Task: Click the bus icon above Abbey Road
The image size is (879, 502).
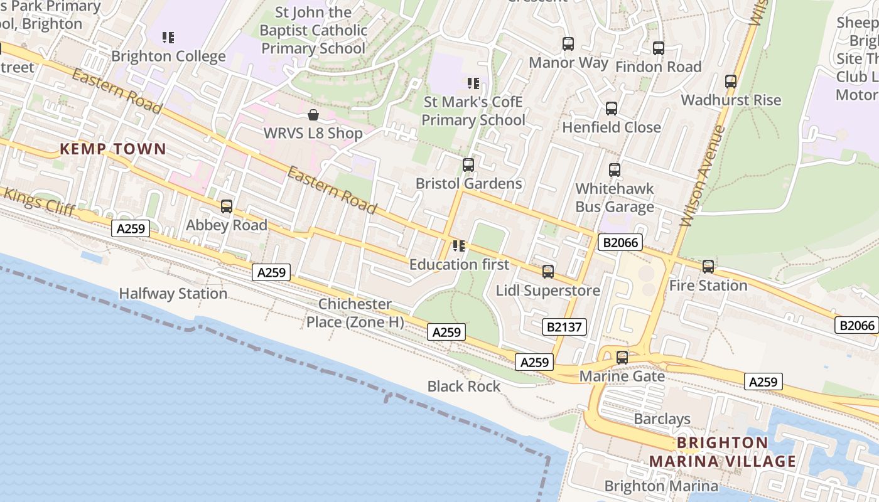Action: click(x=227, y=206)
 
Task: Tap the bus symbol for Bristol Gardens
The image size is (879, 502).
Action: click(x=468, y=165)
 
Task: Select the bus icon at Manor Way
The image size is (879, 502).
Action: click(x=568, y=44)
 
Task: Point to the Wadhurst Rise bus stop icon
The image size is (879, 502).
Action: click(x=731, y=82)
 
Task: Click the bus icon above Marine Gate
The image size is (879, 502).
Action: click(x=622, y=358)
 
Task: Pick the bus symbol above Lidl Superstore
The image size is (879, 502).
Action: click(x=548, y=272)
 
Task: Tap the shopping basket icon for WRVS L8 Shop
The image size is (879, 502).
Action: click(x=313, y=115)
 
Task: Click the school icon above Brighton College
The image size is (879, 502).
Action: click(x=168, y=38)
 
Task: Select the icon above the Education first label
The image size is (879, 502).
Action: click(x=459, y=246)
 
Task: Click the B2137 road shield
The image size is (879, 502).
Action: click(x=564, y=326)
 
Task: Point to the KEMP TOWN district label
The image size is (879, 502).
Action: click(x=113, y=149)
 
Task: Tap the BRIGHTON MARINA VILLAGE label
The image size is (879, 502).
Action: click(x=723, y=452)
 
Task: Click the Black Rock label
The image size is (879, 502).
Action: click(x=464, y=387)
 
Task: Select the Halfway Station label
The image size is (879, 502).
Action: click(x=173, y=294)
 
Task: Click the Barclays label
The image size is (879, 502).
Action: click(x=662, y=419)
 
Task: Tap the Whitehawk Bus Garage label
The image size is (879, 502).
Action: click(x=615, y=198)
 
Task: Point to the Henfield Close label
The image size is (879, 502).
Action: click(x=612, y=127)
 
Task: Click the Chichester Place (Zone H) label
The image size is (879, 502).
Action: click(x=355, y=313)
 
